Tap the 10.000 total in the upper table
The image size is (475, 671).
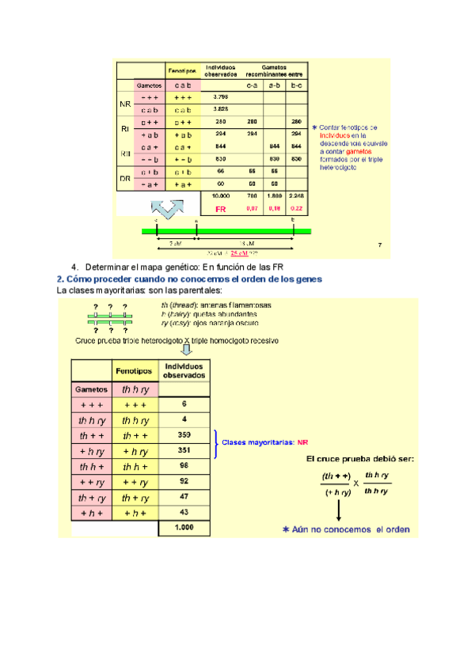[x=221, y=194]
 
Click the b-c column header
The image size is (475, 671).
[x=296, y=84]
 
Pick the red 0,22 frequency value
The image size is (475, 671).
[x=296, y=209]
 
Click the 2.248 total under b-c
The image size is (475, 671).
[x=296, y=194]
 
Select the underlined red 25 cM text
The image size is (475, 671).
[x=239, y=252]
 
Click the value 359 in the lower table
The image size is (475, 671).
[x=184, y=434]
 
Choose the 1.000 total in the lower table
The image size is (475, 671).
[x=184, y=527]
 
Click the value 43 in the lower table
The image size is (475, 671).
[x=184, y=512]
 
